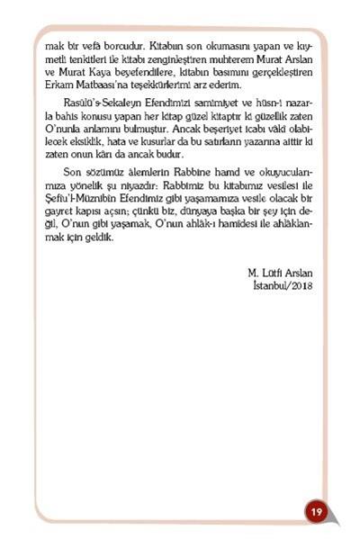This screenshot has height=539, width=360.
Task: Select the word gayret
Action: [x=58, y=219]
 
